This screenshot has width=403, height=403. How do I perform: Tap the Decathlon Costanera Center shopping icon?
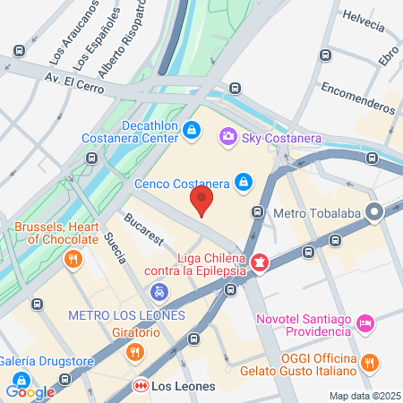[x=191, y=131]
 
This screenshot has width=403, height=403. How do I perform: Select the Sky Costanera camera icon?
[x=228, y=136]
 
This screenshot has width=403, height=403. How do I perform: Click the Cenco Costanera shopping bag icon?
[x=243, y=182]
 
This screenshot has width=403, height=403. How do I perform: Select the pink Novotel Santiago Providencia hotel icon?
[x=364, y=322]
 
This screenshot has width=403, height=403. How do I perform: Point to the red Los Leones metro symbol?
[x=140, y=386]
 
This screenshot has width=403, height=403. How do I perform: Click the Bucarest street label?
[x=144, y=227]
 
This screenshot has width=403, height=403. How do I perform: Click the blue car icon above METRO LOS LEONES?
[x=159, y=292]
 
